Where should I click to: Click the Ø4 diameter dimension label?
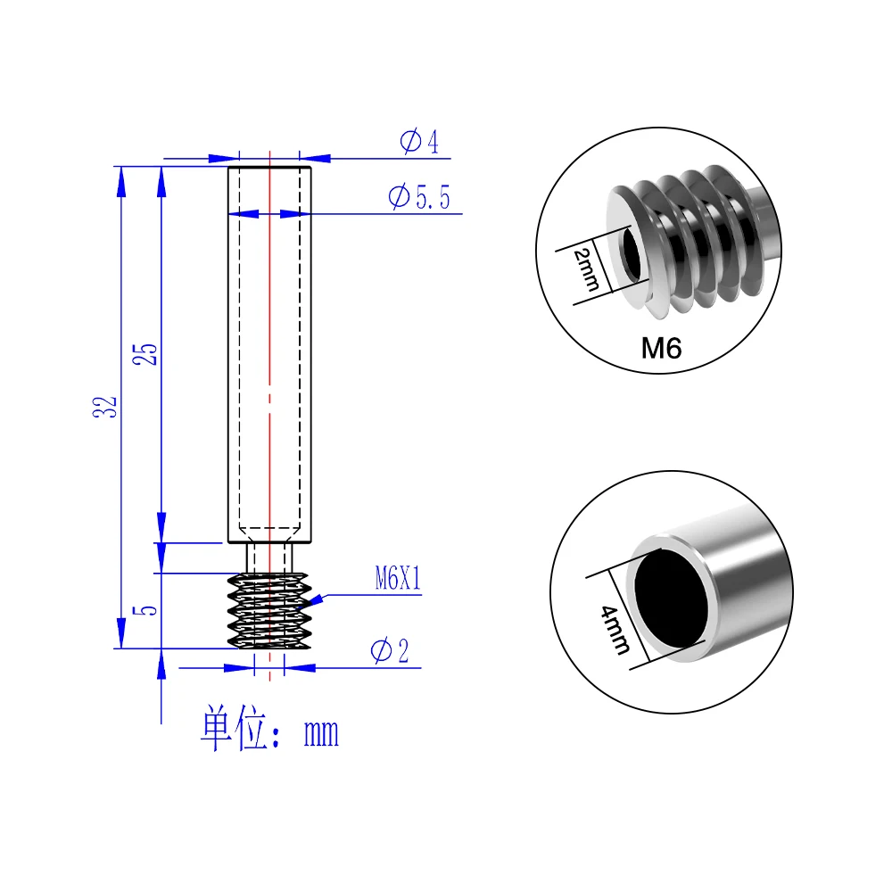pyautogui.click(x=419, y=141)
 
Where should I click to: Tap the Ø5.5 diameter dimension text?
pyautogui.click(x=419, y=197)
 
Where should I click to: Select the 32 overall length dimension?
pyautogui.click(x=104, y=407)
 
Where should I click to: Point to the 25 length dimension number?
pyautogui.click(x=145, y=354)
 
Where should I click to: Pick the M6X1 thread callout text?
pyautogui.click(x=398, y=579)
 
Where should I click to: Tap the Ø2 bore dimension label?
pyautogui.click(x=390, y=650)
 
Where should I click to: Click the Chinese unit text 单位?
pyautogui.click(x=234, y=728)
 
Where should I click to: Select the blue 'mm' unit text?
pyautogui.click(x=321, y=733)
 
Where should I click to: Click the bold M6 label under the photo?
pyautogui.click(x=661, y=348)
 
